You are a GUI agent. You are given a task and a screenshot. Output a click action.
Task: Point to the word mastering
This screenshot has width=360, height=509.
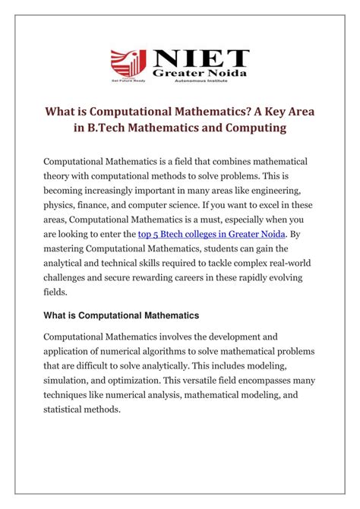[x=69, y=252]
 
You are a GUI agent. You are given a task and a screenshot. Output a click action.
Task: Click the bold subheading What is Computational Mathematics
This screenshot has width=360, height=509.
[x=122, y=315]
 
